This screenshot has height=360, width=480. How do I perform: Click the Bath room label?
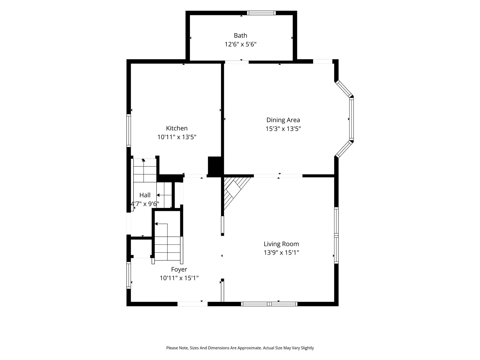(240, 35)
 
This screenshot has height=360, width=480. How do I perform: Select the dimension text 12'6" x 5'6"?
(240, 44)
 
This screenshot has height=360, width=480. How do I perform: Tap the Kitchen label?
(177, 128)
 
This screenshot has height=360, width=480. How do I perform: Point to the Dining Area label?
(283, 120)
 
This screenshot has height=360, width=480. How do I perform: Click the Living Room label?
(281, 244)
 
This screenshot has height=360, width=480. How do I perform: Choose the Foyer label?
(179, 269)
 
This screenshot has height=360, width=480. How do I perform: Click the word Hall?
(145, 195)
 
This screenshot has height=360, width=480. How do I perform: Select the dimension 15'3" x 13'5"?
(283, 129)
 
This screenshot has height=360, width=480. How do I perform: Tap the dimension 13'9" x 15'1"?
(281, 253)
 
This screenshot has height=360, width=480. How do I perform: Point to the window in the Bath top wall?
(261, 13)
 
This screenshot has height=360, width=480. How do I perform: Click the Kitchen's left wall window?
(129, 130)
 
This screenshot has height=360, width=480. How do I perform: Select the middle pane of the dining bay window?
(351, 119)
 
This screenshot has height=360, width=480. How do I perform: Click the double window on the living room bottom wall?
(269, 304)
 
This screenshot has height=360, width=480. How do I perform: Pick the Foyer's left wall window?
(129, 275)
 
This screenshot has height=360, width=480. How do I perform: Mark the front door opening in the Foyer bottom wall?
(192, 304)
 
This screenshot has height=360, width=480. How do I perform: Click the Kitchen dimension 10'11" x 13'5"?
(177, 137)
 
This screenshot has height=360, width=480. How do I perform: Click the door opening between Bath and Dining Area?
(237, 62)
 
